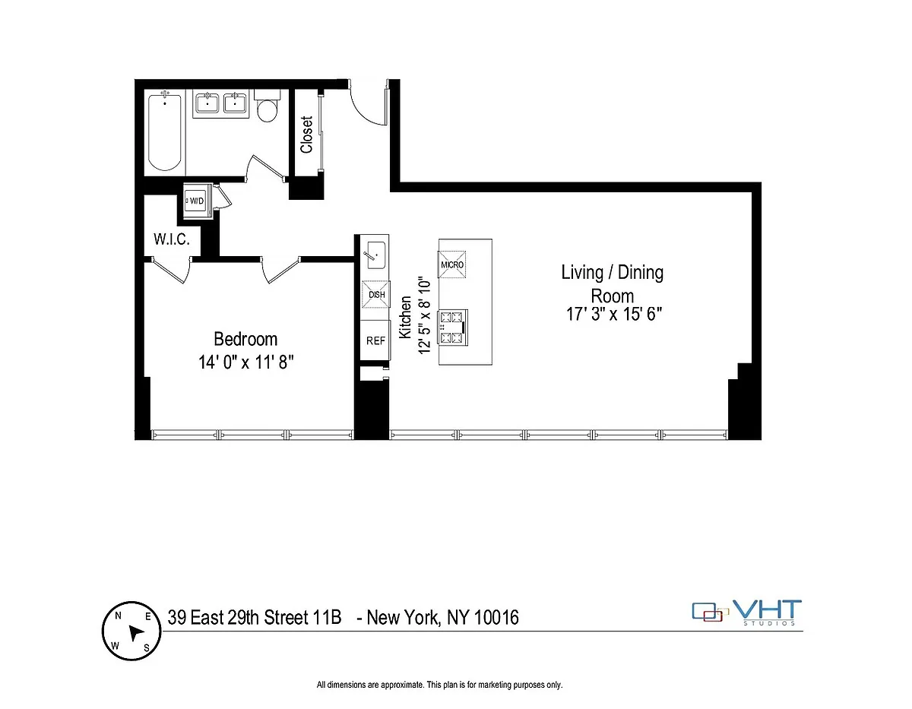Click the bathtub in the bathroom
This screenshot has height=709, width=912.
click(165, 131)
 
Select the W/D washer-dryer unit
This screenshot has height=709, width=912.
click(195, 201)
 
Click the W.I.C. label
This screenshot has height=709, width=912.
click(172, 239)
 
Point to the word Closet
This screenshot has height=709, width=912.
click(307, 135)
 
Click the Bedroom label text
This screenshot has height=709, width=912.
click(245, 339)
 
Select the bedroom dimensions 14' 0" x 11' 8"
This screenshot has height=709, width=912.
click(245, 362)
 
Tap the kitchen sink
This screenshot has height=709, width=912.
click(375, 255)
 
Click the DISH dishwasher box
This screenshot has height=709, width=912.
click(376, 295)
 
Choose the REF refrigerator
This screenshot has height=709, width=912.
click(375, 340)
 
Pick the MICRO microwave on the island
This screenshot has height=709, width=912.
click(452, 264)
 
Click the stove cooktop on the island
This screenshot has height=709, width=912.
click(452, 328)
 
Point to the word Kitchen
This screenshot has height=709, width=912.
click(405, 317)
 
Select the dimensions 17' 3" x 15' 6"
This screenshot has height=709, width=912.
click(614, 314)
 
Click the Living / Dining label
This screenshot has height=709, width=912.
click(613, 272)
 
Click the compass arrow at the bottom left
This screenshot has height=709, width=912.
click(135, 632)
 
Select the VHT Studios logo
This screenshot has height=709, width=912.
click(747, 612)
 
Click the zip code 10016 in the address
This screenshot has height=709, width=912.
click(496, 618)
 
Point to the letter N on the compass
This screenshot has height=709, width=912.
click(118, 616)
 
